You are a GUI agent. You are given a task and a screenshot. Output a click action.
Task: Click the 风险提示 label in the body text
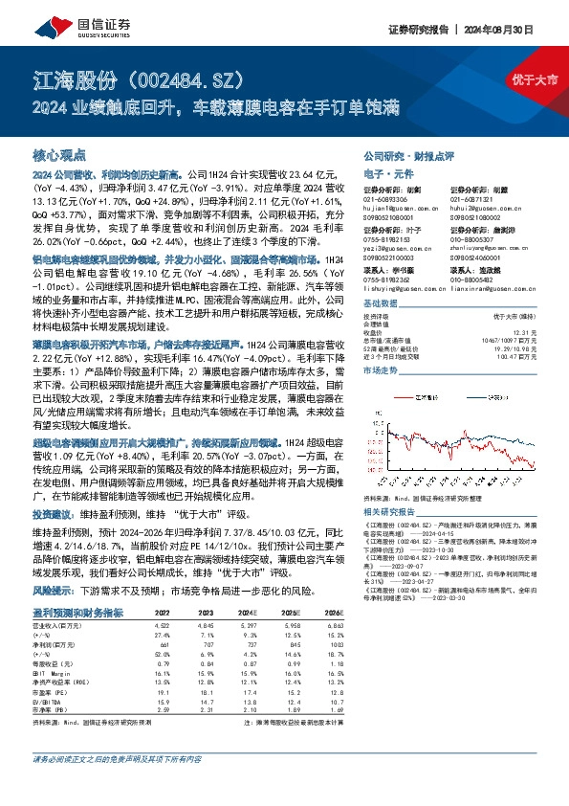click(54, 566)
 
